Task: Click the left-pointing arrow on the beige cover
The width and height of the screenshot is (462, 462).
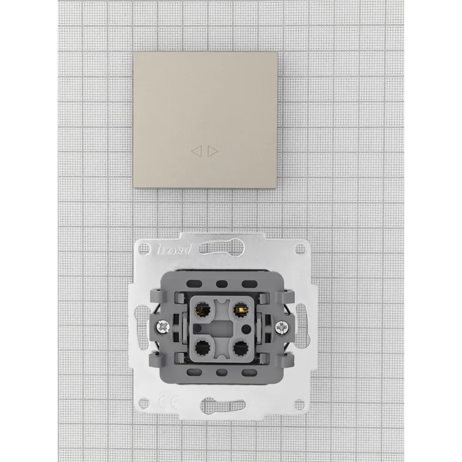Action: (x=196, y=152)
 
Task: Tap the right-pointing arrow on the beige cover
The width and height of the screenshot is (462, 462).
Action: (x=213, y=152)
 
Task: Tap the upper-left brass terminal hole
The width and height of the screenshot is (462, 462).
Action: (x=202, y=309)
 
